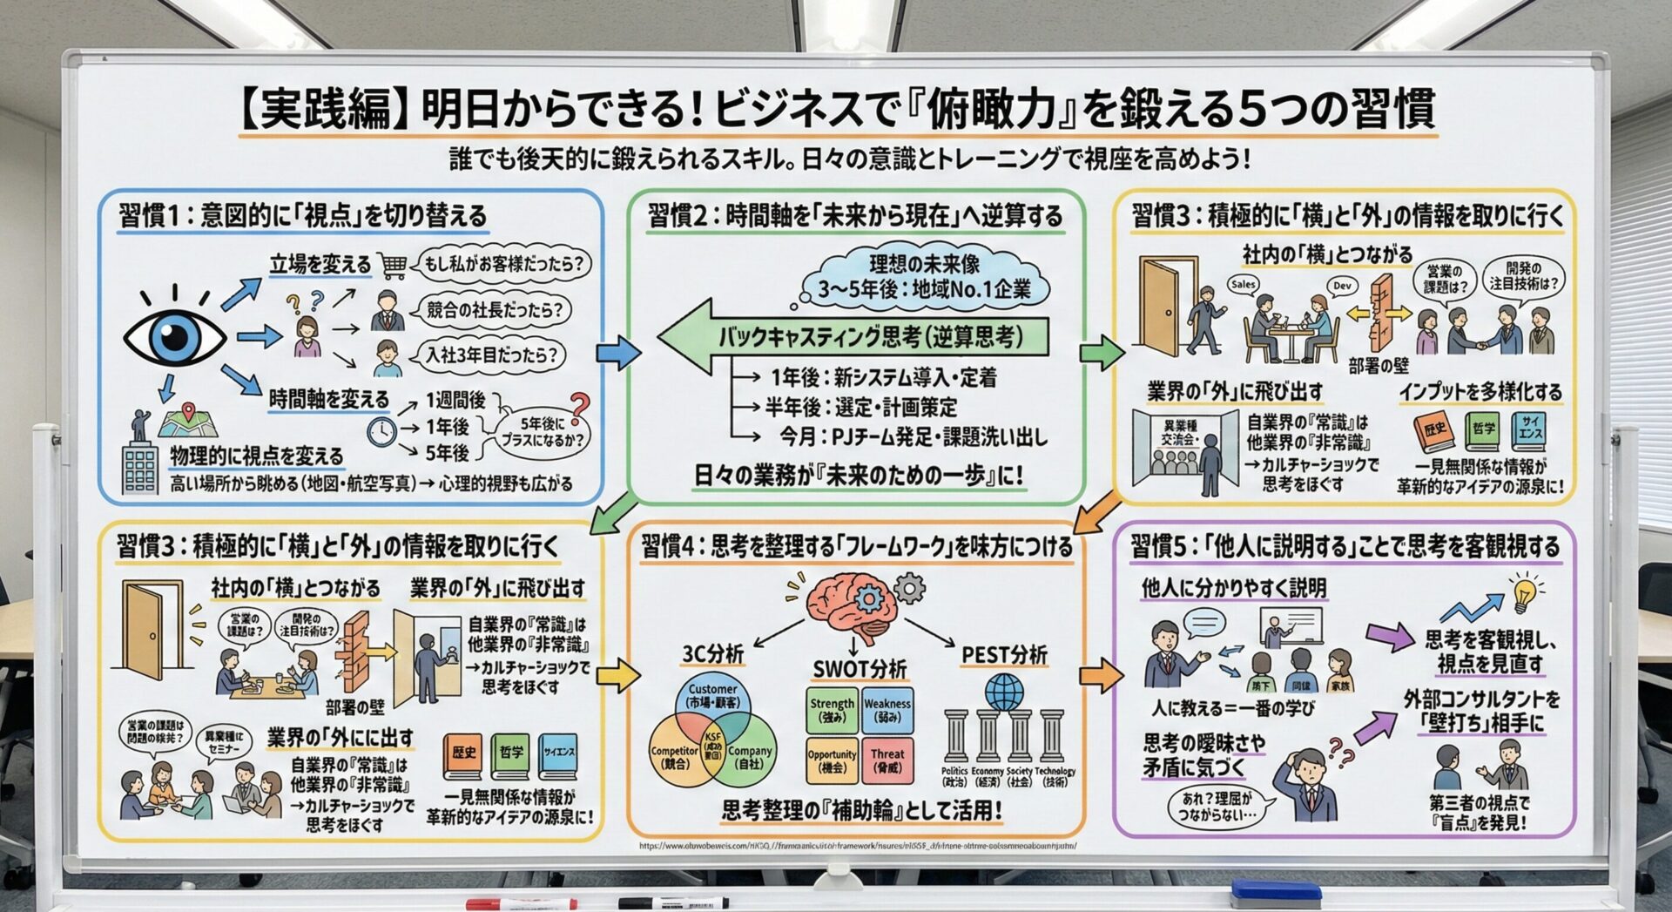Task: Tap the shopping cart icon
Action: click(x=394, y=266)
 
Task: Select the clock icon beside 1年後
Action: click(x=381, y=431)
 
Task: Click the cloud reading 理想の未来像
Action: click(x=923, y=277)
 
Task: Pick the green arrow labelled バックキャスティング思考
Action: click(x=853, y=337)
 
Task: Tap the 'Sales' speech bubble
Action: click(x=1244, y=284)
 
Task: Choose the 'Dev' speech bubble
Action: click(x=1342, y=285)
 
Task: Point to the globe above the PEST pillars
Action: click(x=1004, y=692)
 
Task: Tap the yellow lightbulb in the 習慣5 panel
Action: click(x=1524, y=592)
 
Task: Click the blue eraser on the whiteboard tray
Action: click(x=1275, y=891)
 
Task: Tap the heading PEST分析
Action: click(x=1004, y=655)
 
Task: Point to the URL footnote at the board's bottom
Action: click(x=857, y=846)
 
